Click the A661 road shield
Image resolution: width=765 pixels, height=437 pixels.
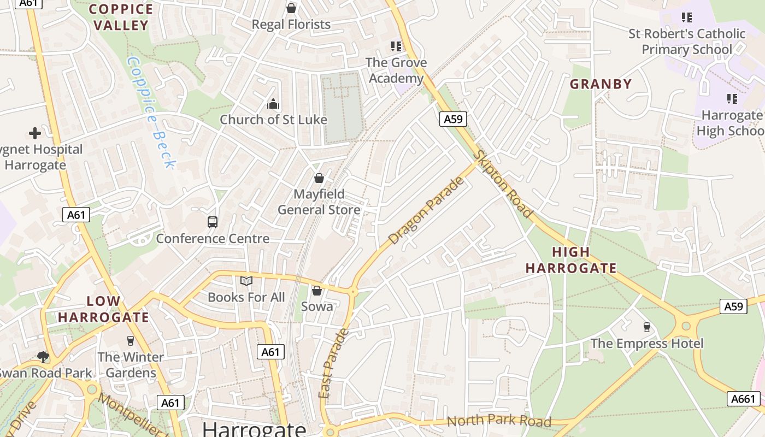click(x=744, y=399)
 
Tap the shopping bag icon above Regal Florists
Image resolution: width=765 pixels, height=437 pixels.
click(x=291, y=8)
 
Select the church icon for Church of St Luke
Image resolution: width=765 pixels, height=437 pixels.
click(x=273, y=103)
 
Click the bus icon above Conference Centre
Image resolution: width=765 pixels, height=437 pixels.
click(x=213, y=222)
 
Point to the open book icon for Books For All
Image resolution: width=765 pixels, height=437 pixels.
click(x=246, y=281)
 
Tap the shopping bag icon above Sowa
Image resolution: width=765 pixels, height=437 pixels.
click(x=316, y=291)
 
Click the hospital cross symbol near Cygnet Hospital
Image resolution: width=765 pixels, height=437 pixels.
click(x=35, y=133)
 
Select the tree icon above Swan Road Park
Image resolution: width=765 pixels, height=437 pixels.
click(x=43, y=357)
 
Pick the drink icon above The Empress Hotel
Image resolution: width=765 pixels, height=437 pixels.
click(x=647, y=327)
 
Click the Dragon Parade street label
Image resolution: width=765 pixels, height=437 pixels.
click(x=426, y=210)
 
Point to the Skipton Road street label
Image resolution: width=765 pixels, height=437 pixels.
click(x=502, y=184)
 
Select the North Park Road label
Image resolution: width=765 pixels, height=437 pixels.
click(x=499, y=421)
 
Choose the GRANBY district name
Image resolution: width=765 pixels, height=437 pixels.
click(x=601, y=84)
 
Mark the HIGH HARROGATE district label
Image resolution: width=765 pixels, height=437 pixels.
click(x=570, y=260)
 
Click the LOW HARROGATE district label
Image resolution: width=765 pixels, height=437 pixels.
click(x=103, y=309)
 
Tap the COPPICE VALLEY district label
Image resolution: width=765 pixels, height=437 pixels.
click(x=121, y=17)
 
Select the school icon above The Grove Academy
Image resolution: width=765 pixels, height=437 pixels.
click(x=396, y=46)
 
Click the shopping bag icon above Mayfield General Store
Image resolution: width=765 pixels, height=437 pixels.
click(x=319, y=178)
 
